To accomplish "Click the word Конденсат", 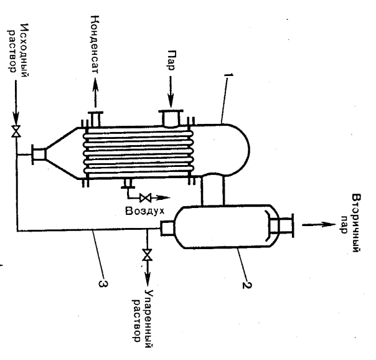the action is pyautogui.click(x=95, y=45).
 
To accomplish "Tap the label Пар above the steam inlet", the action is pyautogui.click(x=171, y=60).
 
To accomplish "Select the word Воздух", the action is pyautogui.click(x=145, y=211).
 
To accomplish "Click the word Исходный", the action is pyautogui.click(x=25, y=50).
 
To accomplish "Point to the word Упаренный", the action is pyautogui.click(x=149, y=318).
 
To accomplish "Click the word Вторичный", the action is pyautogui.click(x=357, y=223).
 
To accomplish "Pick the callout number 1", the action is pyautogui.click(x=228, y=75).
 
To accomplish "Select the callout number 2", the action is pyautogui.click(x=247, y=285).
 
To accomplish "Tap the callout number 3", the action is pyautogui.click(x=103, y=283).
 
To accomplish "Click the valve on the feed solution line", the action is pyautogui.click(x=16, y=131).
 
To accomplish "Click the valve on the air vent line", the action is pyautogui.click(x=145, y=198).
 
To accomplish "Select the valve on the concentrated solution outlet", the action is pyautogui.click(x=148, y=255).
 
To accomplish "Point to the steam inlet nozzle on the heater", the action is pyautogui.click(x=171, y=118).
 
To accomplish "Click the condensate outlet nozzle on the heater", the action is pyautogui.click(x=95, y=119).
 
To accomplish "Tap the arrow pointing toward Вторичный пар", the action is pyautogui.click(x=319, y=224).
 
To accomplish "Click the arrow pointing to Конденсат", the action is pyautogui.click(x=95, y=92).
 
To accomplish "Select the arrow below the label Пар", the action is pyautogui.click(x=171, y=92).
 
